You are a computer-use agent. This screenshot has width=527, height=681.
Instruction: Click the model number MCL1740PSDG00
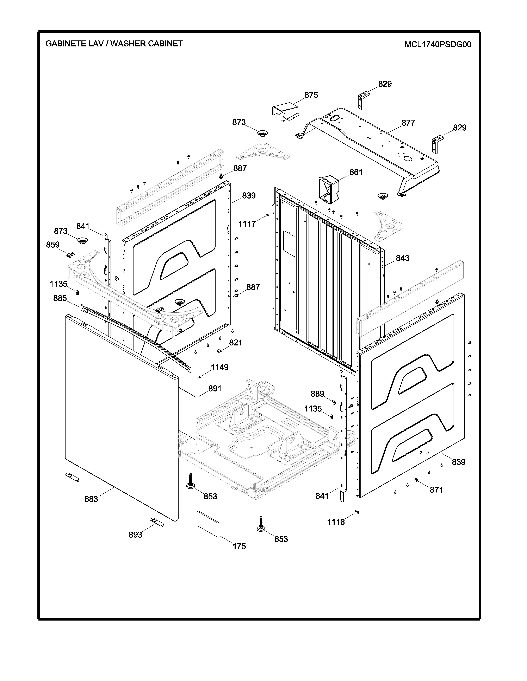click(438, 45)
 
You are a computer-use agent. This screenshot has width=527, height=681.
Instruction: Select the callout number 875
click(311, 95)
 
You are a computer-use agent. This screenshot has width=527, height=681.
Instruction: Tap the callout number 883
click(91, 499)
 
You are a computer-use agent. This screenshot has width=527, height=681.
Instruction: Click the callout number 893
click(136, 534)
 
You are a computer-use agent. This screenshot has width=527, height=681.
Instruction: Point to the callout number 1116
click(336, 522)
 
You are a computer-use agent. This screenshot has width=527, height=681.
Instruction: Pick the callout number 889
click(317, 394)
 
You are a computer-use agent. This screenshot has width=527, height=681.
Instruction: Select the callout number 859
click(53, 245)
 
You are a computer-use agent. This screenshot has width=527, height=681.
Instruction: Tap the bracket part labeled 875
click(285, 112)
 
